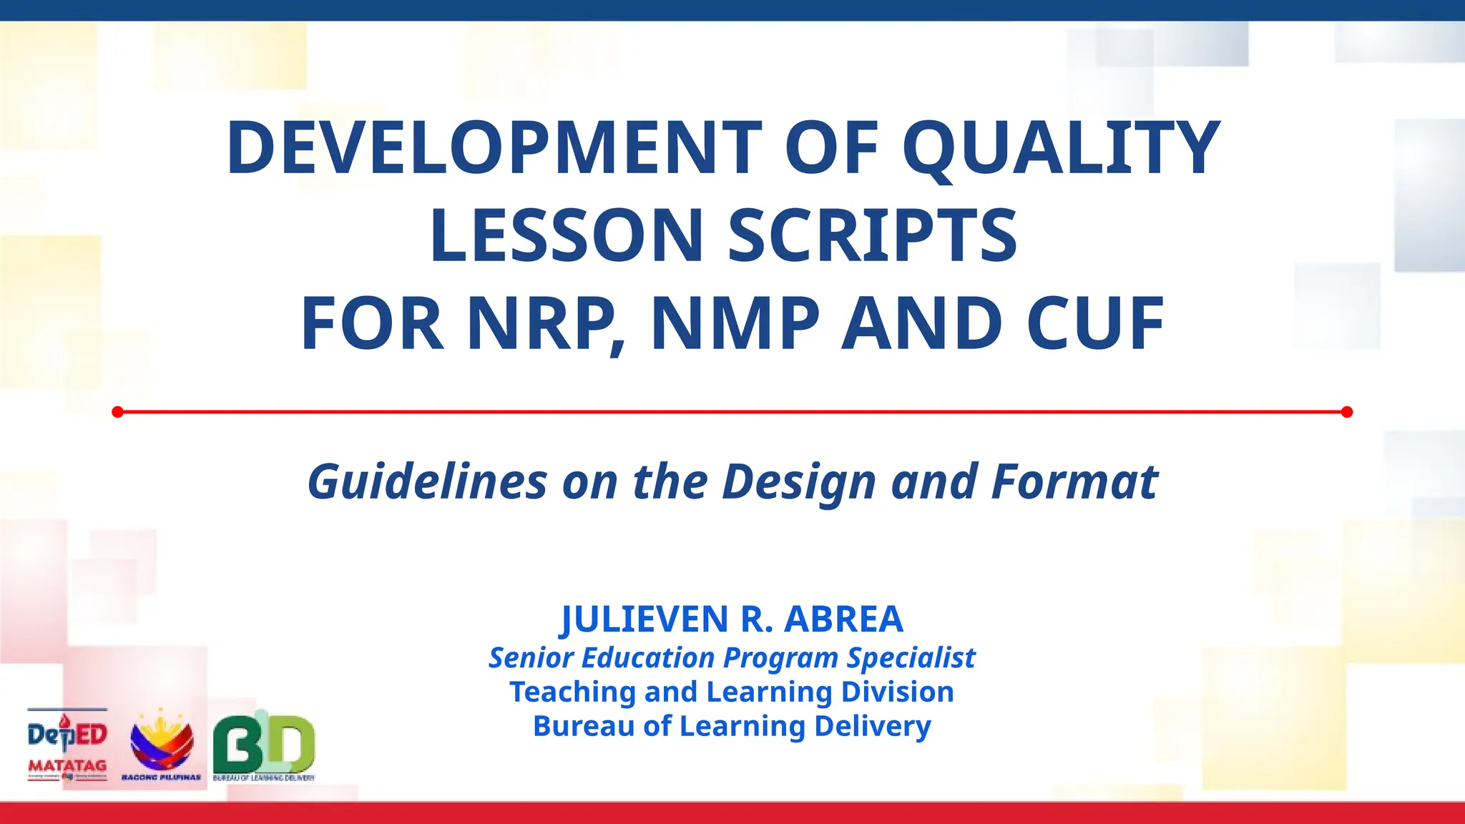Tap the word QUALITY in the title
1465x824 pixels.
coord(1061,147)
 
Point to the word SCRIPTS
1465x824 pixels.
coord(873,235)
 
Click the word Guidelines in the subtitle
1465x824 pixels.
coord(427,481)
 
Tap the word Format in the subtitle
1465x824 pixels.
coord(1074,481)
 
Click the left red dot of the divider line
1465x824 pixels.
coord(118,412)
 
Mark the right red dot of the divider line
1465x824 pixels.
coord(1347,412)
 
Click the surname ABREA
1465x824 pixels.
coord(843,619)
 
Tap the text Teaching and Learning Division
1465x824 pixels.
coord(732,692)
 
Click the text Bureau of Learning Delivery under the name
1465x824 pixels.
coord(732,726)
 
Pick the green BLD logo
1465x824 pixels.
coord(264,744)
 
